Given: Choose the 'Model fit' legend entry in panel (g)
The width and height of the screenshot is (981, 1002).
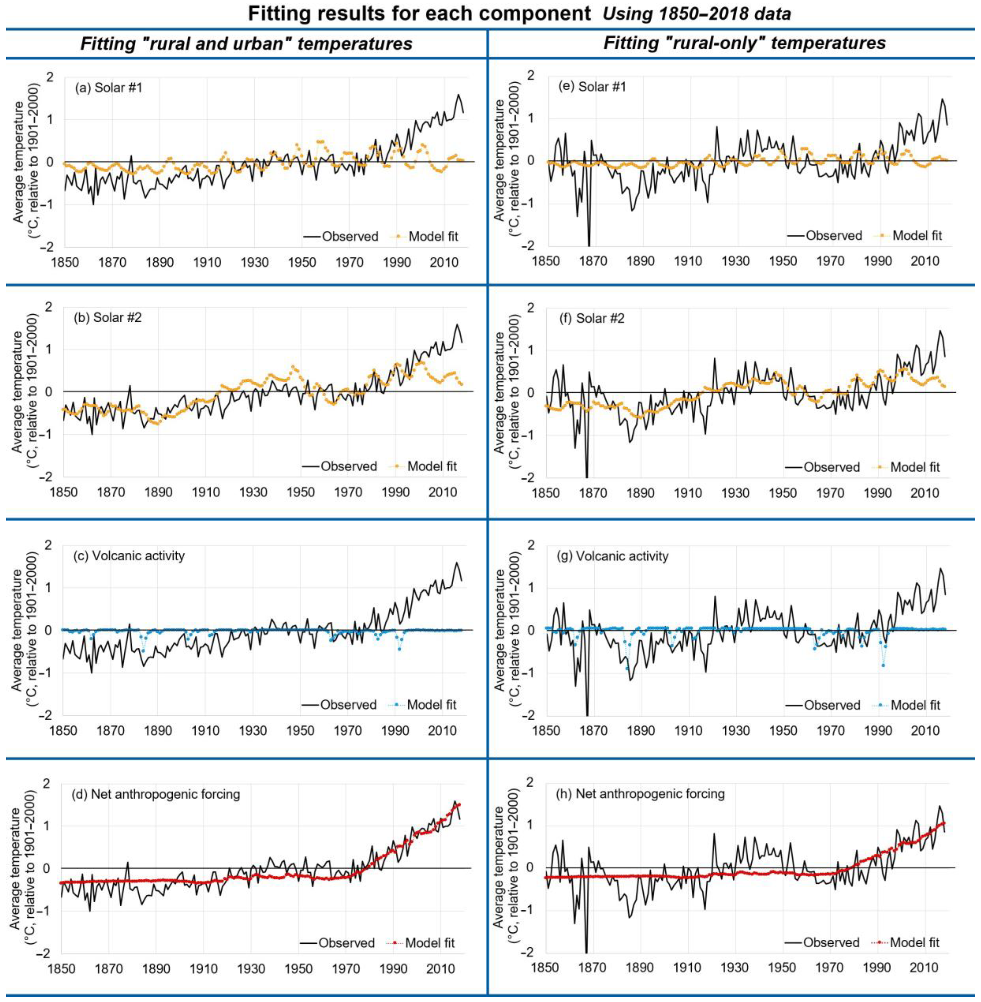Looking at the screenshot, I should pyautogui.click(x=916, y=705).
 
